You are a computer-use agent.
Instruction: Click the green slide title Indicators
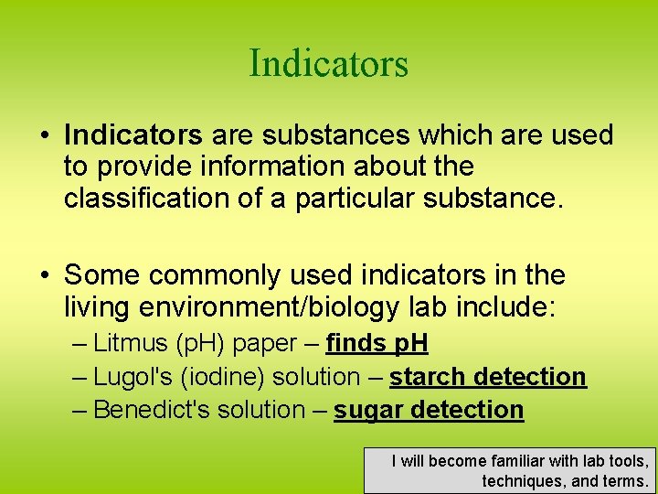[x=328, y=64]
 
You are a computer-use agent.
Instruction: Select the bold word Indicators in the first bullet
[x=133, y=135]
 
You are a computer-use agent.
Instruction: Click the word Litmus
[x=131, y=343]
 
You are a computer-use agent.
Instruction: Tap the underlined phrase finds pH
[x=377, y=343]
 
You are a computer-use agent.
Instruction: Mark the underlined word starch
[x=429, y=377]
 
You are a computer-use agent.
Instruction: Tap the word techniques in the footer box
[x=518, y=480]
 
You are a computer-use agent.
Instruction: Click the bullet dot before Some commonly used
[x=44, y=275]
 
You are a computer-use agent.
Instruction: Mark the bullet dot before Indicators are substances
[x=44, y=136]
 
